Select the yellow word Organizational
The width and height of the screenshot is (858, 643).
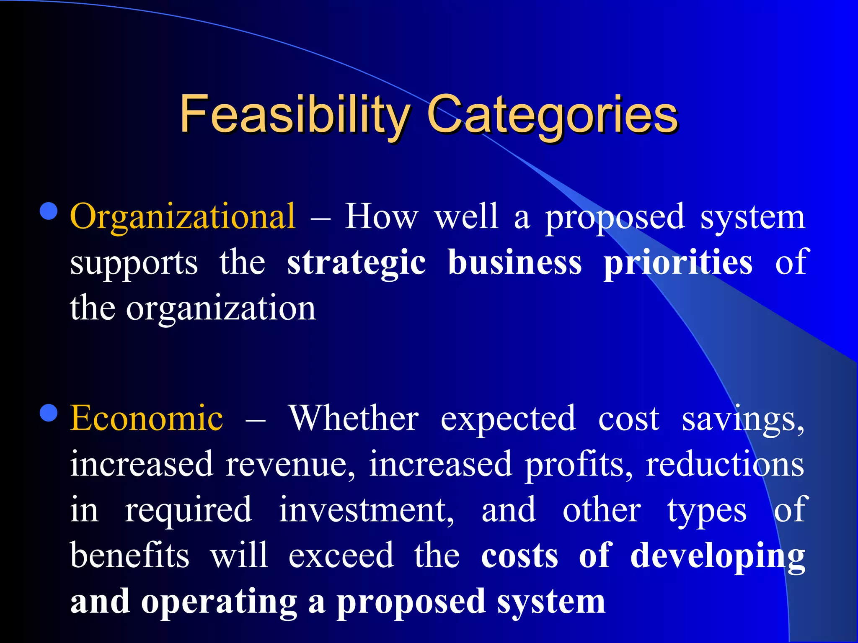[x=183, y=217]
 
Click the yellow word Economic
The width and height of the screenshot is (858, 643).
[x=147, y=418]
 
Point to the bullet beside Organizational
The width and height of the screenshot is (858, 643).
[x=49, y=211]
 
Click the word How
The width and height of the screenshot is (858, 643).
[x=381, y=217]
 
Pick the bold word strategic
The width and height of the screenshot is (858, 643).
[x=357, y=263]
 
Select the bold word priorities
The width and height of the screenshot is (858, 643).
[x=678, y=263]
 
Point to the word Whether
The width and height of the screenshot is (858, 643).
[x=354, y=418]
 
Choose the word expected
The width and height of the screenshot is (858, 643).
[x=508, y=419]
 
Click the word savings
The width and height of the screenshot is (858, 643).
[x=742, y=419]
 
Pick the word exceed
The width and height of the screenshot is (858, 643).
[x=341, y=556]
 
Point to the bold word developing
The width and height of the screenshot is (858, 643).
[x=718, y=556]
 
